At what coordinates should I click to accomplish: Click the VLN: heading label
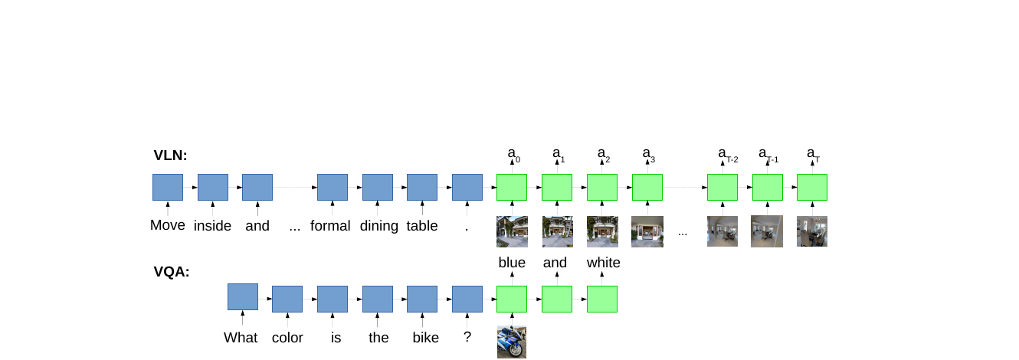(x=170, y=155)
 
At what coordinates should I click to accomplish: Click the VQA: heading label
(x=172, y=272)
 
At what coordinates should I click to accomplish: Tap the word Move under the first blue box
(x=167, y=225)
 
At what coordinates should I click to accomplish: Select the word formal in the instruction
(x=330, y=225)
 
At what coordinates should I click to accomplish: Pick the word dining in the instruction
(x=379, y=226)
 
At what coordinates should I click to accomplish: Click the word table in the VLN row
(x=422, y=225)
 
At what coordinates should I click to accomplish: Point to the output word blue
(x=512, y=262)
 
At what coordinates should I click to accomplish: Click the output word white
(x=603, y=262)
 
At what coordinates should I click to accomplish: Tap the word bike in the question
(x=426, y=337)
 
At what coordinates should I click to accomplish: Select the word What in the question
(x=241, y=337)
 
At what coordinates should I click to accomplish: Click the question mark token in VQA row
(x=467, y=337)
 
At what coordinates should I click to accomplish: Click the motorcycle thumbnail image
(x=512, y=342)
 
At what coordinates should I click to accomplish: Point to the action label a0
(x=513, y=155)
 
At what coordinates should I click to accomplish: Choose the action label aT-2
(x=728, y=155)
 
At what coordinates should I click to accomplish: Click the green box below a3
(x=647, y=187)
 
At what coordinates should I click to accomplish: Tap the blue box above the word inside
(x=213, y=187)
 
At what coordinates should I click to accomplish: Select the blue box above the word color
(x=287, y=299)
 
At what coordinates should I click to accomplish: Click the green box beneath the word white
(x=602, y=299)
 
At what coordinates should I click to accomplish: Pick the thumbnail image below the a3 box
(x=647, y=232)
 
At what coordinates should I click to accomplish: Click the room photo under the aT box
(x=812, y=232)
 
